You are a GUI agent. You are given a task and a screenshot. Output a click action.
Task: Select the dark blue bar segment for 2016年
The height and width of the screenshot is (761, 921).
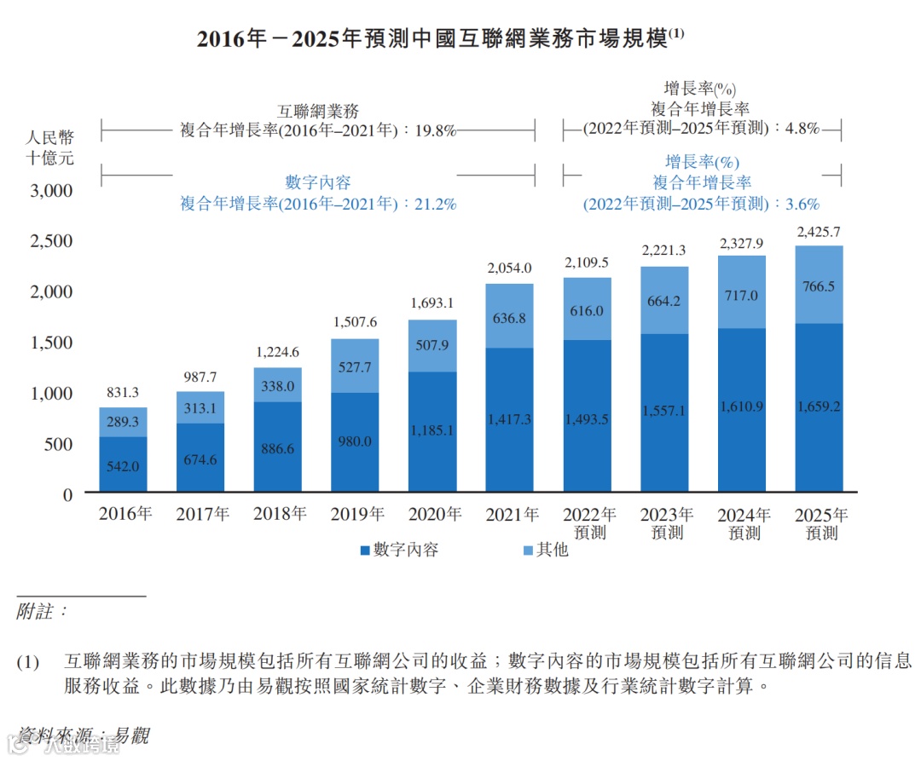(x=123, y=464)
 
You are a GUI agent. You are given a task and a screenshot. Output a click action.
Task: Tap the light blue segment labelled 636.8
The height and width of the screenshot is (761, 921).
(x=510, y=317)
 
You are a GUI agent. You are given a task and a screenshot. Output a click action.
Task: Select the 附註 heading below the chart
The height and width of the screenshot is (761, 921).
(x=41, y=612)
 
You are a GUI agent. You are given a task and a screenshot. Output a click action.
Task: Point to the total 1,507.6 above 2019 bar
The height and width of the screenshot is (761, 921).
(x=355, y=322)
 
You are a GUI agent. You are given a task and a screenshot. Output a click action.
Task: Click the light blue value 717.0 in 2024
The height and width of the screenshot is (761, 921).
(x=741, y=296)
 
